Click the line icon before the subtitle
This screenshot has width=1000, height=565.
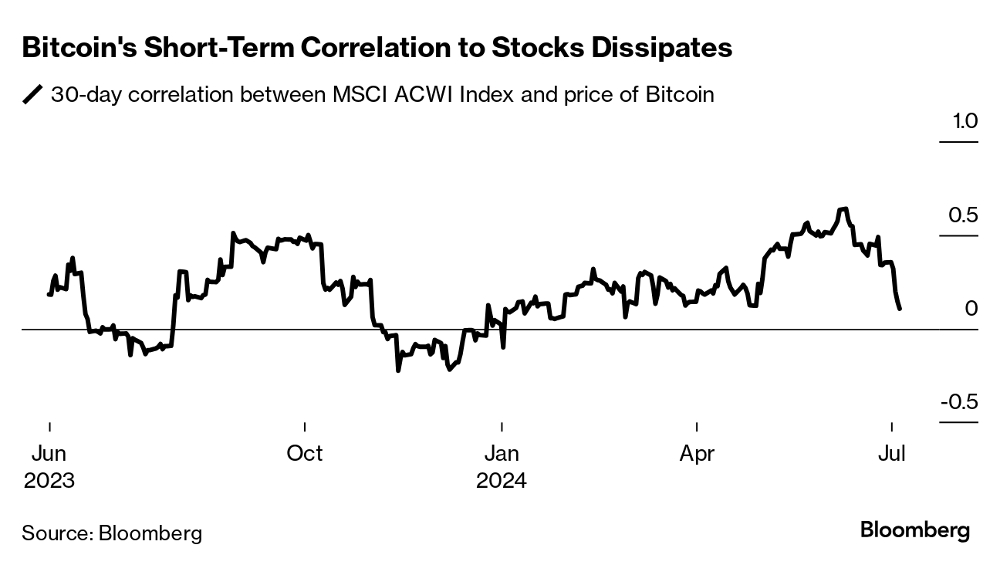pyautogui.click(x=33, y=95)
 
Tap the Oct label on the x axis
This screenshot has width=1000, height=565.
pyautogui.click(x=305, y=454)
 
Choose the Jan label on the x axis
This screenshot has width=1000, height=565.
pyautogui.click(x=502, y=454)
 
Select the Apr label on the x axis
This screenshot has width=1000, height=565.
pyautogui.click(x=698, y=454)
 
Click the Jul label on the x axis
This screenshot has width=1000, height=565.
pyautogui.click(x=892, y=454)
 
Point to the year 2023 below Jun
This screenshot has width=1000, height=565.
pyautogui.click(x=49, y=481)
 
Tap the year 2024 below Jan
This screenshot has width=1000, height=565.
pyautogui.click(x=502, y=481)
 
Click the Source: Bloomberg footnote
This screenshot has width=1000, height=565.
pyautogui.click(x=112, y=533)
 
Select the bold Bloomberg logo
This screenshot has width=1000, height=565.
pyautogui.click(x=914, y=531)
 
